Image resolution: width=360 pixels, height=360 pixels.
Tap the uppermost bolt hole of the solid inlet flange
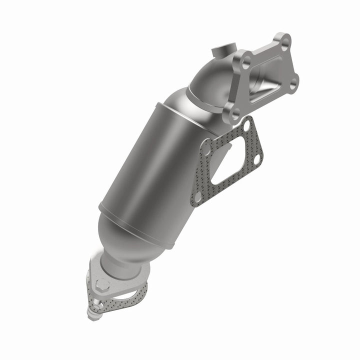(x=284, y=42)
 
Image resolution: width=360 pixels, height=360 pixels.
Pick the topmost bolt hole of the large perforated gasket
(x=248, y=122)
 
